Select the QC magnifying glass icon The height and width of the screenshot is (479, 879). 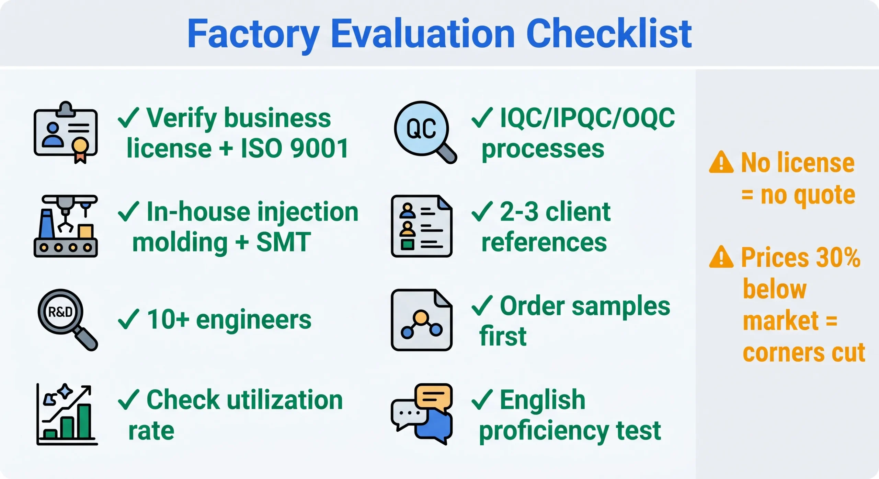point(424,132)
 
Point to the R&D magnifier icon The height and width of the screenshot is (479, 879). point(67,319)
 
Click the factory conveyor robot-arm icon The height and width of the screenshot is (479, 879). point(66,226)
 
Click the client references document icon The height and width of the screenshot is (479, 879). point(421,226)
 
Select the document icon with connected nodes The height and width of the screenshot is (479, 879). point(421,320)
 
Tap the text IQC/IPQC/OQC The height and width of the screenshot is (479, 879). point(587,118)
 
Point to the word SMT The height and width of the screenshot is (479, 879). point(283,242)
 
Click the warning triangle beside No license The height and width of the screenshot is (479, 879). point(721,163)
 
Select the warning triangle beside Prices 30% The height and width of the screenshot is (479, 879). point(721,258)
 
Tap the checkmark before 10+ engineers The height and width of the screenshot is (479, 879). point(128,319)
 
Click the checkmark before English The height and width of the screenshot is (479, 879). point(482,400)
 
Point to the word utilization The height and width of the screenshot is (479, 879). point(285,400)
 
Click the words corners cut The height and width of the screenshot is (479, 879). point(803,353)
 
